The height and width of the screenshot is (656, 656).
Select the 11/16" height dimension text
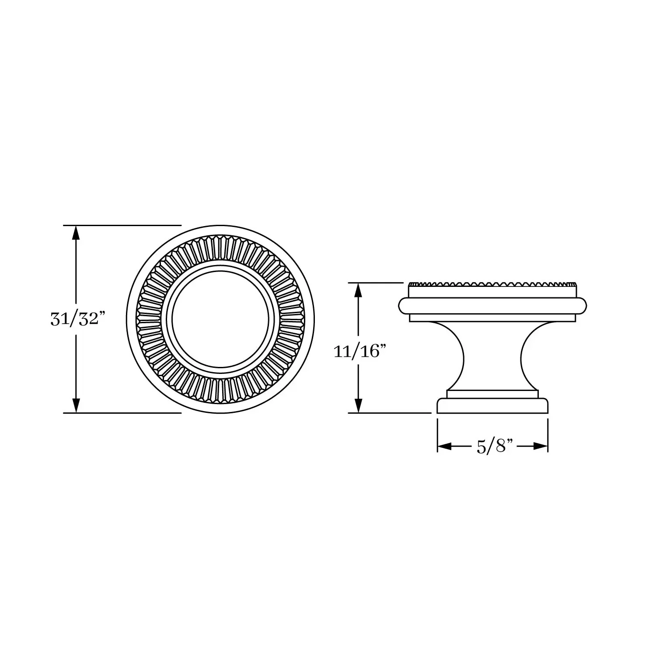(360, 351)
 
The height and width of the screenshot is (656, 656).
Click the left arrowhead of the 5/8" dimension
(445, 447)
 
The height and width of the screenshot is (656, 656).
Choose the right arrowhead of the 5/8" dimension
(541, 447)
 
